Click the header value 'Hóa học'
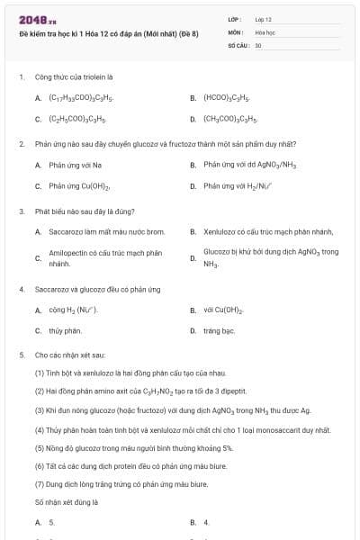pos(265,31)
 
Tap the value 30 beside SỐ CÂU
pos(258,44)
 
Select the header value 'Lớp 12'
pos(263,19)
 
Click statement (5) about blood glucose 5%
pos(134,447)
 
